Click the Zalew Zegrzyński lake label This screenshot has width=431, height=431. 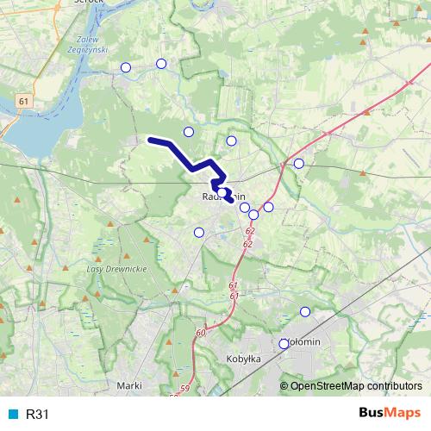point(89,44)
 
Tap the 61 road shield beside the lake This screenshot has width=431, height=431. point(22,102)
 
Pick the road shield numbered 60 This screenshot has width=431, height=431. point(201,333)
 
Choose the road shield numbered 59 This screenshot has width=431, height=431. point(184,391)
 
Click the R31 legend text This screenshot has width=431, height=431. point(38,415)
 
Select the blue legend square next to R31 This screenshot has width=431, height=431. point(12,415)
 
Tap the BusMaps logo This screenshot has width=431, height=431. point(389,413)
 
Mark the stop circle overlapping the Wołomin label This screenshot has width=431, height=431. point(284,344)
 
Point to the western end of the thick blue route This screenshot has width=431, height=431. point(150,139)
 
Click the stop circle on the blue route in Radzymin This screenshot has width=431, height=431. point(222,192)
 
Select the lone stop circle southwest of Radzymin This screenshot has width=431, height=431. point(199,232)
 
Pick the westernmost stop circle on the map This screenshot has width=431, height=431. point(126,67)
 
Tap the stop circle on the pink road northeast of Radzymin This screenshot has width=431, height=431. point(298,163)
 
